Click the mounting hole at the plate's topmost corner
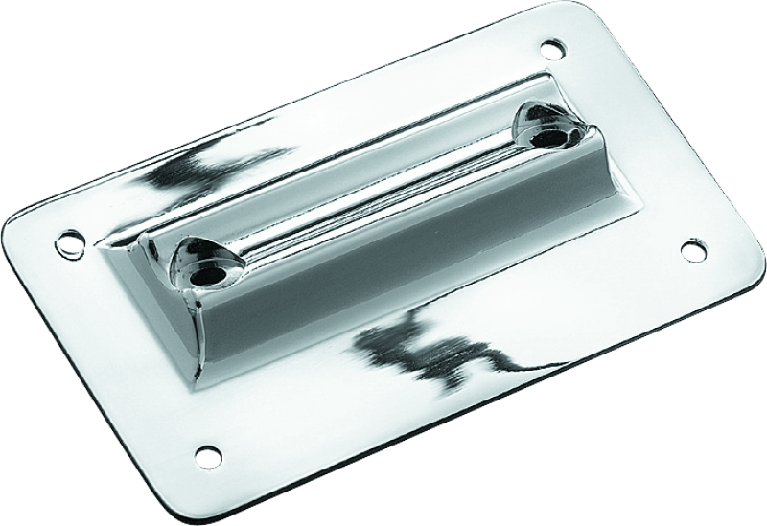(550, 45)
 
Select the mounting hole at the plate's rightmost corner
(689, 250)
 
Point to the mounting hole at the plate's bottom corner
(203, 451)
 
